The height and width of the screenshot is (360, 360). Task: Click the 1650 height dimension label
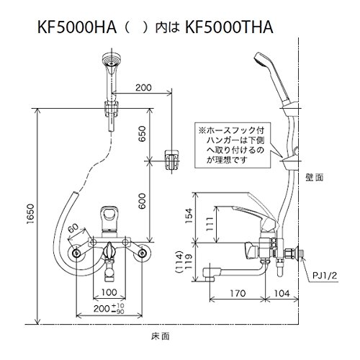(31, 216)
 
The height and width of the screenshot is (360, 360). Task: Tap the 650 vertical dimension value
(142, 134)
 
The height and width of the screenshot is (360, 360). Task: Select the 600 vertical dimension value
(142, 201)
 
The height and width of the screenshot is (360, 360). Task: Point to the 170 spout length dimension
(238, 293)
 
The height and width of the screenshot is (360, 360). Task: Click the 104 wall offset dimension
(282, 293)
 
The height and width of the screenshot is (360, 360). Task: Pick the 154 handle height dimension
(189, 216)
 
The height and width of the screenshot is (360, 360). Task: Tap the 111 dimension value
(210, 224)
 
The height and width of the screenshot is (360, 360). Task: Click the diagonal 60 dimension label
(74, 229)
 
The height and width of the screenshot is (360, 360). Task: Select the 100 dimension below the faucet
(109, 292)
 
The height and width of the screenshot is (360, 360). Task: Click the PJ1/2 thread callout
(325, 276)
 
